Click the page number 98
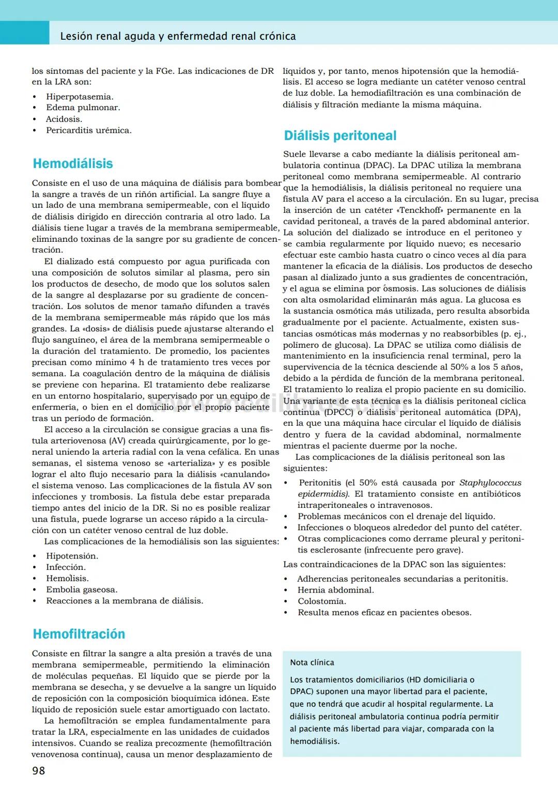39,771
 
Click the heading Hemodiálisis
73,164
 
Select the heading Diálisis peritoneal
340,136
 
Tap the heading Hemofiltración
79,634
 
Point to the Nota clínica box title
312,662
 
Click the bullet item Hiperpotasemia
80,97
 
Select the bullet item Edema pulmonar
83,107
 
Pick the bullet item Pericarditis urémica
88,130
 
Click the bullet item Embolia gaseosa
82,589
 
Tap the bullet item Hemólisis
67,578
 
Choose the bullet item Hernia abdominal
335,590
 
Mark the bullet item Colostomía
322,601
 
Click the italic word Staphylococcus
490,483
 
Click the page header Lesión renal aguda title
178,36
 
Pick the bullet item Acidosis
64,119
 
